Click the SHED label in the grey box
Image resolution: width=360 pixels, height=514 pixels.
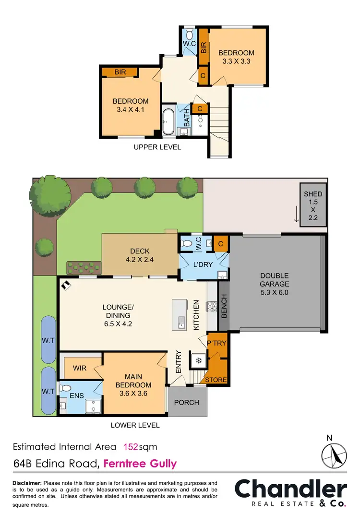coord(313,194)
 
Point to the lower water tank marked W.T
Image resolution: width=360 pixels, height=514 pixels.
coord(48,391)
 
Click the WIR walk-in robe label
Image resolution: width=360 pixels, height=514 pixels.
coord(80,369)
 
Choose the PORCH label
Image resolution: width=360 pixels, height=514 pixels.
coord(186,402)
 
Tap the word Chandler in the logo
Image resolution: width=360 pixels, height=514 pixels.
coord(290,489)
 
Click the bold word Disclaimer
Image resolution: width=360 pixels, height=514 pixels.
coord(27,482)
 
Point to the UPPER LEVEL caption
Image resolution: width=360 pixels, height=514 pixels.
coord(157,147)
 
